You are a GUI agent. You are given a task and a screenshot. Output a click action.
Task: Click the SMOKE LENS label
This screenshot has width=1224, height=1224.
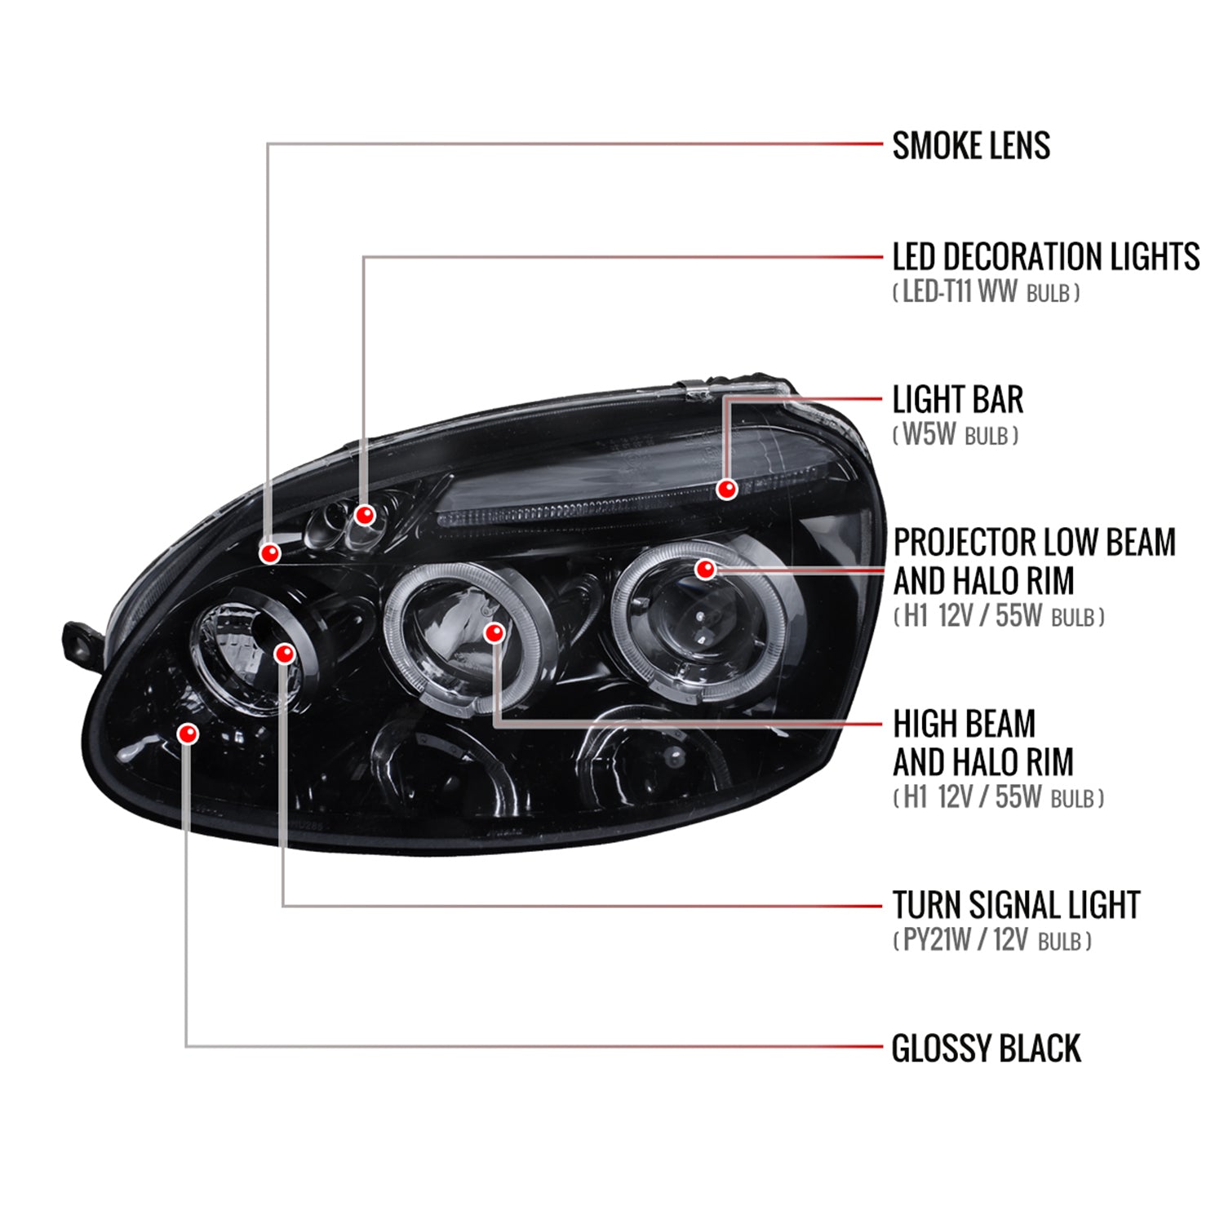coord(971,146)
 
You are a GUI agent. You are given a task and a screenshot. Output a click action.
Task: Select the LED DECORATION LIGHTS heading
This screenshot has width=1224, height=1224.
coord(1045,257)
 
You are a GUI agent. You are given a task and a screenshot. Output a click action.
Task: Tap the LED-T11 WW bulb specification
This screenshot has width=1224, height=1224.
coord(986,292)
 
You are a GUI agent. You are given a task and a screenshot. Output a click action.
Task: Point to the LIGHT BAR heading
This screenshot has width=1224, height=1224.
coord(957,400)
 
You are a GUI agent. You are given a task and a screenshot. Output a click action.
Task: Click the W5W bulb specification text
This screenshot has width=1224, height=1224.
coord(956,435)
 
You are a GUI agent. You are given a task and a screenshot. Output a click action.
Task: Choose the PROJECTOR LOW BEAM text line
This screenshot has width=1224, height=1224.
coord(1034,543)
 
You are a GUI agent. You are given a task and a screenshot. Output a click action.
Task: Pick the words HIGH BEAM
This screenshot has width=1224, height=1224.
coord(964,724)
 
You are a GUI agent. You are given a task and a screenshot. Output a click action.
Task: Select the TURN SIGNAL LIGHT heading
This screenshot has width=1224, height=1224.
coord(1016,905)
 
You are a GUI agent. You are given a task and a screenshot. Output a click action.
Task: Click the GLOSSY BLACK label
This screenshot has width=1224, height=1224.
coord(986,1049)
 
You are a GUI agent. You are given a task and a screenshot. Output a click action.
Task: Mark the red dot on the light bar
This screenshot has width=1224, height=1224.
coord(727,489)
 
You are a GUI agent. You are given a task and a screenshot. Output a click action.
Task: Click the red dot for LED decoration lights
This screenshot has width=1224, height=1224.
coord(365,515)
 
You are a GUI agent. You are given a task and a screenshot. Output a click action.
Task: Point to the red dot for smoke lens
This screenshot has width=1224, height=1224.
coord(270,553)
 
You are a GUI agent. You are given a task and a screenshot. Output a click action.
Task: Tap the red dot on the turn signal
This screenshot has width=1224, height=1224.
coord(284,654)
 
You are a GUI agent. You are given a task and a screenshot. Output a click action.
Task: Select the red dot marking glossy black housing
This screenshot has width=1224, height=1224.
coord(188,734)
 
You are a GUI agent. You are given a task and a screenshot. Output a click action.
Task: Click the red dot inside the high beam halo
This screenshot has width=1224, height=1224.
coord(494,632)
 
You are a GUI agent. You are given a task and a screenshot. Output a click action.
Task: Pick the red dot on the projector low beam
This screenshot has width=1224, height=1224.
coord(705,569)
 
